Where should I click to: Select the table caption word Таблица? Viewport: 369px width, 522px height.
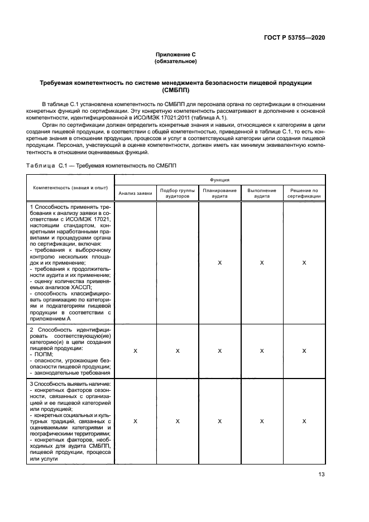coord(41,165)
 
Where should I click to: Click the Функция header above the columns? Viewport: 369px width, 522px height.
coord(219,180)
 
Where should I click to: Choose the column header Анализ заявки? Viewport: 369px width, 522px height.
coord(135,193)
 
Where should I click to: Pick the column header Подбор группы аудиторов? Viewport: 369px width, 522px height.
coord(177,193)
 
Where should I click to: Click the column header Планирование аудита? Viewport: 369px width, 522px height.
coord(219,193)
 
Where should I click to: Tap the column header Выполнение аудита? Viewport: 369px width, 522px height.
coord(261,193)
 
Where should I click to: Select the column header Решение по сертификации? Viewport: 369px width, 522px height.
coord(304,193)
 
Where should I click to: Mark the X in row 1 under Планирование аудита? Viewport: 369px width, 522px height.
coord(219,262)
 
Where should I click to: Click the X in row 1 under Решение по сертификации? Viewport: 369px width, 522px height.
coord(304,262)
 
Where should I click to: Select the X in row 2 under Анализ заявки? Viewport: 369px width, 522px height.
coord(135,351)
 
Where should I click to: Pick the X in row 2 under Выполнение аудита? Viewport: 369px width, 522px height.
coord(261,351)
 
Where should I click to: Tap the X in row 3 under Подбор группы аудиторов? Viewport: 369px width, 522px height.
coord(177,422)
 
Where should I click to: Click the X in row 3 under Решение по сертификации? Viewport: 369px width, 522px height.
coord(304,422)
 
